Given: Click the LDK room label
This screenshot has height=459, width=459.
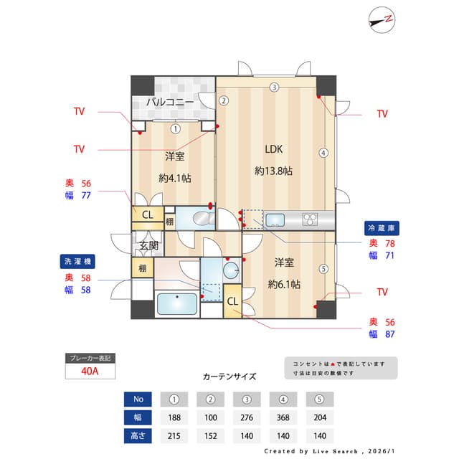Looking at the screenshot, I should (x=274, y=150).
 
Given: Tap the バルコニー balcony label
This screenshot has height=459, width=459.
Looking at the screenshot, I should (x=170, y=103).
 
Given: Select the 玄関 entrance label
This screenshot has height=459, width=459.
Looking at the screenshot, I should (x=148, y=246).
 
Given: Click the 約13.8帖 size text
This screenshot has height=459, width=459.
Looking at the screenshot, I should (x=274, y=171).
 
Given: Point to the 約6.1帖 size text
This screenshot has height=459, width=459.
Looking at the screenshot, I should (x=284, y=284).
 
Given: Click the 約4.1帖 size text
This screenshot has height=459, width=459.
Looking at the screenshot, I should (x=174, y=177).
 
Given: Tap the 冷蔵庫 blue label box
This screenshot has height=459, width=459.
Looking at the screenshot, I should (x=382, y=227).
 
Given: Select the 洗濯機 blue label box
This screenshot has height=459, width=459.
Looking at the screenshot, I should (x=77, y=261).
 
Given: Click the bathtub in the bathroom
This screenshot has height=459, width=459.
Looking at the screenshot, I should (x=176, y=304).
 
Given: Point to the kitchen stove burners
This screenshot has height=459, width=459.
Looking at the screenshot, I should (x=311, y=219).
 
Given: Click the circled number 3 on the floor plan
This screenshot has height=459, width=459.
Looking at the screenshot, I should (x=274, y=87).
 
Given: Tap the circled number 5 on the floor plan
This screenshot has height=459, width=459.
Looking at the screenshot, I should (x=323, y=270).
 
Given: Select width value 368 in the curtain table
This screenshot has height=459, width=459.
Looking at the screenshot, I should (x=283, y=417).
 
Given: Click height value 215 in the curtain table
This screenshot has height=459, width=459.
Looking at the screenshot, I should (x=174, y=435).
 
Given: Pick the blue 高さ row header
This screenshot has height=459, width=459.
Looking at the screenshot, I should (x=138, y=435).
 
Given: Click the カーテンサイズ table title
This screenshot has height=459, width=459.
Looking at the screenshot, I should (x=229, y=376).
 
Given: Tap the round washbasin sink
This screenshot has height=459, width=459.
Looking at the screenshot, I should (x=230, y=270).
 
